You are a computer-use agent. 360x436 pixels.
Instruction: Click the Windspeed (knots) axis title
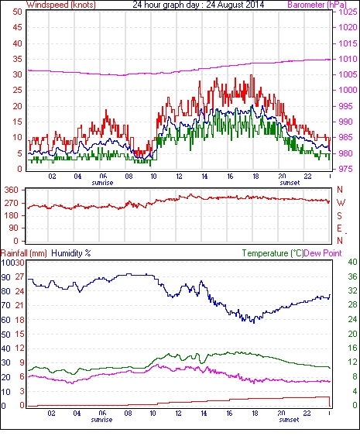click(61, 5)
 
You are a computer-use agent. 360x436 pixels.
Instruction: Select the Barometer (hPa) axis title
click(317, 5)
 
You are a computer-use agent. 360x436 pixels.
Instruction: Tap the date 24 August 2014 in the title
click(235, 5)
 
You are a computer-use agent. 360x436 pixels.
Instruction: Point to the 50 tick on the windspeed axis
click(17, 12)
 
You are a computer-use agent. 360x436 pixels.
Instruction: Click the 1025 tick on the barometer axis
click(348, 12)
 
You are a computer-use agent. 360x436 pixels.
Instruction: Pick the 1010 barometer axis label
click(348, 59)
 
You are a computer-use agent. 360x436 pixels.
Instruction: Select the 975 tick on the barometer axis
click(345, 169)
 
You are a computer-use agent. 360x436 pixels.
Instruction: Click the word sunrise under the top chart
click(102, 183)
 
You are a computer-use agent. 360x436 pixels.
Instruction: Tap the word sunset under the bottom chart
click(289, 420)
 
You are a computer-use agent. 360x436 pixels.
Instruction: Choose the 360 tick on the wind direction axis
click(12, 191)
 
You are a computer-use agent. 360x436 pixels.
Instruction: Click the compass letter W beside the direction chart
click(341, 203)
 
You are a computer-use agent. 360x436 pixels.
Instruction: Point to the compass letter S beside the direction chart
click(339, 215)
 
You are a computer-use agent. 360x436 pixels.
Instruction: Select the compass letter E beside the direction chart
click(339, 228)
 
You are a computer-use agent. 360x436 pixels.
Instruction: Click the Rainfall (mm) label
click(24, 253)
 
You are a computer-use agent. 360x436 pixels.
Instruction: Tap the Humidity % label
click(71, 253)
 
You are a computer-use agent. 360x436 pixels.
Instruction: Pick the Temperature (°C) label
click(273, 253)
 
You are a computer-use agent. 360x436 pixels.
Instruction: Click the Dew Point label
click(323, 253)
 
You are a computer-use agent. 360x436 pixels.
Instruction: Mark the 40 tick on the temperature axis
click(352, 262)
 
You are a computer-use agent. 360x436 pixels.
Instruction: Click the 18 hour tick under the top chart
click(255, 177)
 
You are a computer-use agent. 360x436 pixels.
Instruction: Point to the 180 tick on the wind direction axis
click(12, 215)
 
